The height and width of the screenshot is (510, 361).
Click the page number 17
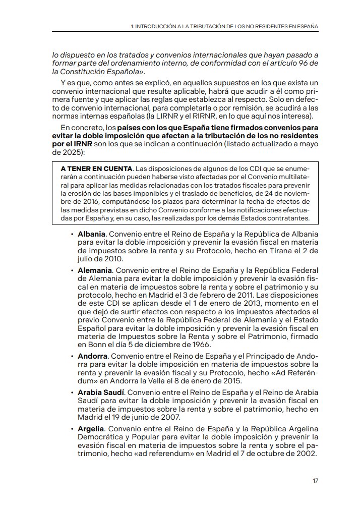pos(315,481)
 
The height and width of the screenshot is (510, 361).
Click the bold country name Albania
pos(91,235)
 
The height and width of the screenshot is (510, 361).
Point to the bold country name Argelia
pos(91,429)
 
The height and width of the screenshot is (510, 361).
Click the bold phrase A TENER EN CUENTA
pos(89,167)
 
